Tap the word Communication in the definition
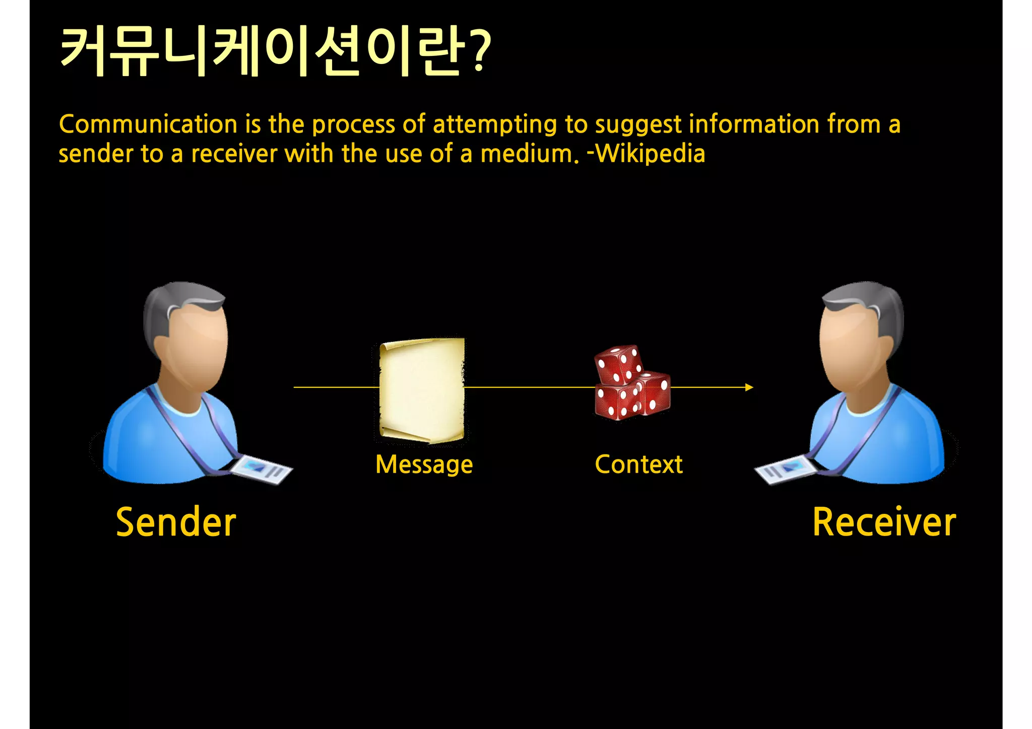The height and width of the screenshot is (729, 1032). pos(148,124)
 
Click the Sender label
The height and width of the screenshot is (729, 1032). pos(176,522)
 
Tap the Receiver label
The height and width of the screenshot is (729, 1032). pos(884,522)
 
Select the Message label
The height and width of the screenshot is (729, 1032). pos(424,465)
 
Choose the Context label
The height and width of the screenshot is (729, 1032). pos(638,464)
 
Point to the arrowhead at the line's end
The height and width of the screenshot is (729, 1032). pos(749,387)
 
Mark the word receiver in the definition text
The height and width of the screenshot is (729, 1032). pos(234,154)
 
